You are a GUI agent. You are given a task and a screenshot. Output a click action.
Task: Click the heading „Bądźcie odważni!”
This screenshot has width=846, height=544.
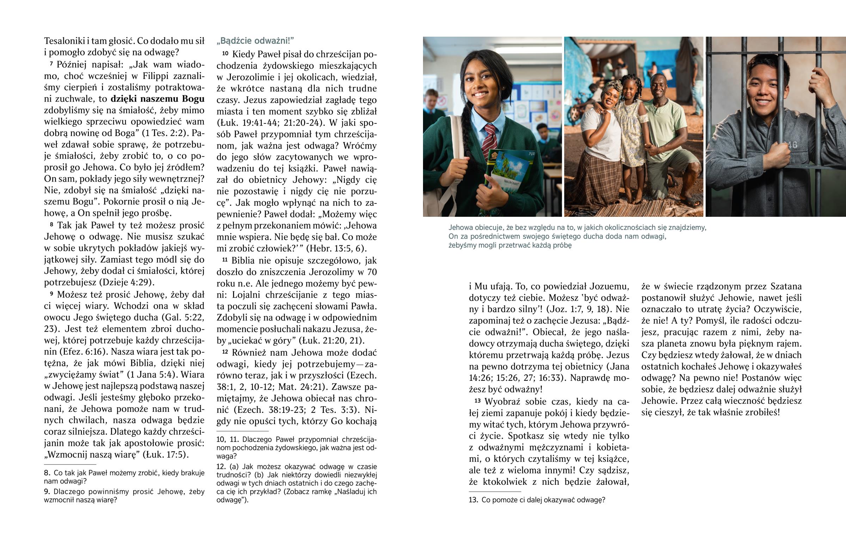255,41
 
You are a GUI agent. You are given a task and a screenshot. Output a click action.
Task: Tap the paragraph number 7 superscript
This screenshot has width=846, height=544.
51,63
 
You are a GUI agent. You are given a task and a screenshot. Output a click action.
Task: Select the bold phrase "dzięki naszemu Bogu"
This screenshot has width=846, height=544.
158,99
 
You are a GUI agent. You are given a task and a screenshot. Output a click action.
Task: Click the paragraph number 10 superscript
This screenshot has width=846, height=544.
225,53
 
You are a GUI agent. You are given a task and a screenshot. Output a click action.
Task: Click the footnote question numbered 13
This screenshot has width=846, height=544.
537,500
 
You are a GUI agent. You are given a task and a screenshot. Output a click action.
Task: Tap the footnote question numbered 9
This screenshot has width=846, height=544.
124,496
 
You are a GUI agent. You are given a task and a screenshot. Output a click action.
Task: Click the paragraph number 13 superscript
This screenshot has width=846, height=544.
477,401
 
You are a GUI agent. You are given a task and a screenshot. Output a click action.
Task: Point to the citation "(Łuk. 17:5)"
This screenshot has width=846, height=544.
165,455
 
